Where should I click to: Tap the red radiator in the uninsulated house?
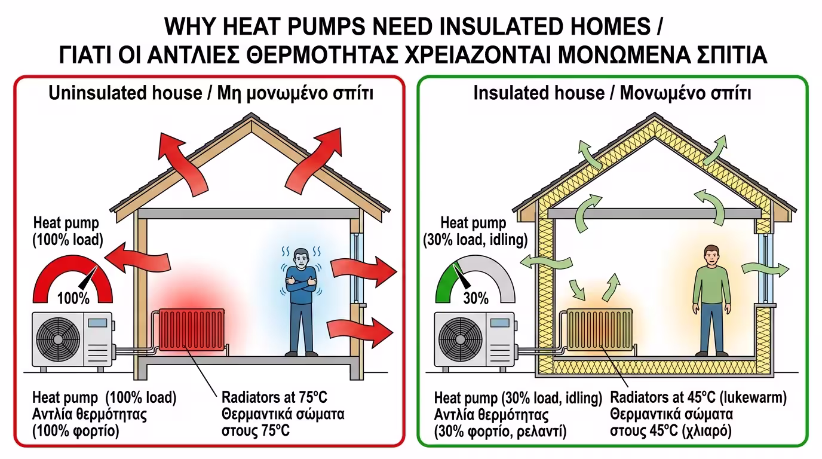tap(191, 330)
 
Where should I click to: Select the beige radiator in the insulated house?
tap(600, 330)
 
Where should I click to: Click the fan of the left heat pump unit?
tap(58, 339)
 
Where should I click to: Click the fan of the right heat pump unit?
tap(461, 339)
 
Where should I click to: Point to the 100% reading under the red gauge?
tap(73, 298)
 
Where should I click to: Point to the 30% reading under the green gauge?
tap(476, 298)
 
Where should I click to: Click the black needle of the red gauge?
tap(88, 278)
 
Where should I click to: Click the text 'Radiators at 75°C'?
tap(274, 397)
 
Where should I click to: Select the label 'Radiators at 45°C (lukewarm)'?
tap(698, 397)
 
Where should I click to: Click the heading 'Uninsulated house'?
tap(125, 93)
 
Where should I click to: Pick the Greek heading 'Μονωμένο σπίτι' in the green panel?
tap(685, 93)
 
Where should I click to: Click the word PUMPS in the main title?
tap(326, 26)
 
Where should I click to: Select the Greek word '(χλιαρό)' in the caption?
tap(707, 431)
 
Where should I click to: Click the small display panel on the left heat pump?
tap(97, 323)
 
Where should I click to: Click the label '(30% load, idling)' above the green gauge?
tap(476, 240)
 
